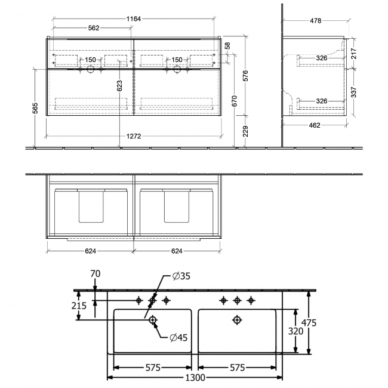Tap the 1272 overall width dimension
pos(134,136)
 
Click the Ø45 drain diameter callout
pos(177,338)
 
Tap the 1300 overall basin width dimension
pos(195,377)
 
